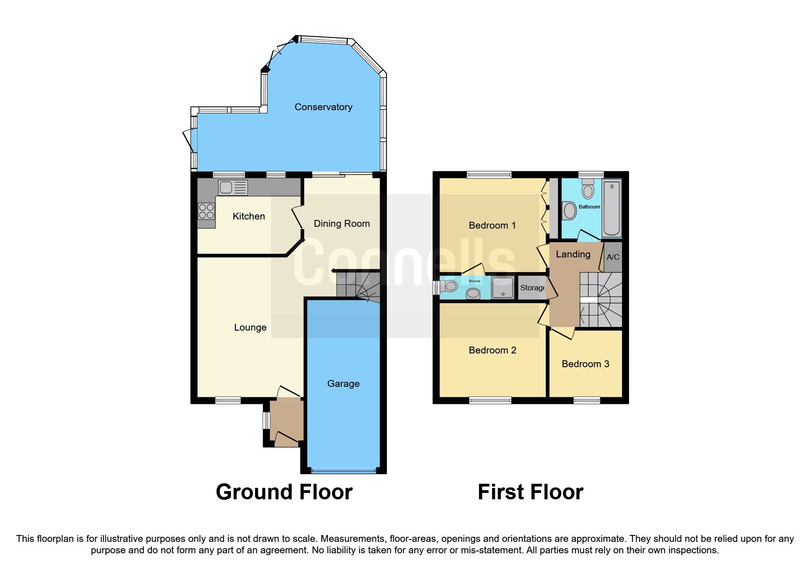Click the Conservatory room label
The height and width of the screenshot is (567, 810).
(323, 107)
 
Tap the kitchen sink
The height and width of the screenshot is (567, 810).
(233, 187)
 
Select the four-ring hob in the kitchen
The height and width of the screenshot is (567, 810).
(206, 212)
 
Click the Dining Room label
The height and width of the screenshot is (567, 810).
(342, 224)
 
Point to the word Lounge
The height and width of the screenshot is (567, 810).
(250, 327)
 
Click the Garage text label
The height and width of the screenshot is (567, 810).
(343, 384)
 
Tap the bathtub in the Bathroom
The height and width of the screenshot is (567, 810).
(612, 208)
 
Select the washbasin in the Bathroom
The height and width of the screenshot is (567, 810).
(569, 211)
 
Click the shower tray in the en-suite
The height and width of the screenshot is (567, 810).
(503, 287)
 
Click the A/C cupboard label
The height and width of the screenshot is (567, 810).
(613, 257)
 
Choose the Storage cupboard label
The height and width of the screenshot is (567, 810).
(532, 288)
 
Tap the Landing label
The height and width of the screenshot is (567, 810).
(573, 254)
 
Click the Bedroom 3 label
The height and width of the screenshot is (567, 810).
(585, 364)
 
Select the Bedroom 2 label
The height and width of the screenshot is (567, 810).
(492, 350)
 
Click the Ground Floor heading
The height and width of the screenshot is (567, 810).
(284, 492)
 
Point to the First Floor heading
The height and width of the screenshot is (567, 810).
(531, 492)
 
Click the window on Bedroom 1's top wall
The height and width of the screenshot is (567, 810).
(489, 175)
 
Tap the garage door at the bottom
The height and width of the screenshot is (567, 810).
(343, 471)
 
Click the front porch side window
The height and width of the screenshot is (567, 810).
(266, 421)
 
